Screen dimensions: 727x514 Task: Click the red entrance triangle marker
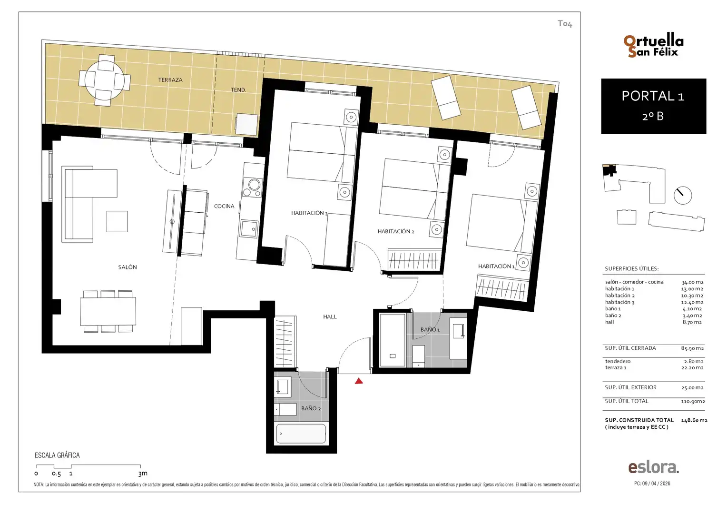pyautogui.click(x=359, y=381)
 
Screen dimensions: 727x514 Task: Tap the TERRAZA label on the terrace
pyautogui.click(x=170, y=80)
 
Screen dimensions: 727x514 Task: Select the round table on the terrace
pyautogui.click(x=104, y=80)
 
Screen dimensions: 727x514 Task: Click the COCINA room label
pyautogui.click(x=224, y=206)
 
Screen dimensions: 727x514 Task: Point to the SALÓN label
pyautogui.click(x=128, y=267)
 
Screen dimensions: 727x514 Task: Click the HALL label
pyautogui.click(x=330, y=316)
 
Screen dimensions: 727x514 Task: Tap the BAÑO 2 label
pyautogui.click(x=311, y=408)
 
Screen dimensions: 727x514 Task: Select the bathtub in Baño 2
pyautogui.click(x=301, y=434)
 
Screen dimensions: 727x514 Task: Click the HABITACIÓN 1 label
pyautogui.click(x=496, y=266)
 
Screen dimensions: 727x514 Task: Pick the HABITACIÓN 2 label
pyautogui.click(x=396, y=231)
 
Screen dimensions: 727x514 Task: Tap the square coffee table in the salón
pyautogui.click(x=117, y=221)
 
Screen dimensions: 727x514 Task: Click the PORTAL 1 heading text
pyautogui.click(x=653, y=96)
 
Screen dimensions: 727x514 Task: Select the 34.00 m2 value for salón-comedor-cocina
pyautogui.click(x=692, y=282)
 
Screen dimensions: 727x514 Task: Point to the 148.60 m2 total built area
pyautogui.click(x=694, y=420)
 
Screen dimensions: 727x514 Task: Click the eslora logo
pyautogui.click(x=654, y=467)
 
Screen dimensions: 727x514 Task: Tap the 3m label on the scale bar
pyautogui.click(x=143, y=474)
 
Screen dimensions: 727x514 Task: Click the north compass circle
pyautogui.click(x=683, y=196)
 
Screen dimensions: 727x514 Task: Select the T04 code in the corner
pyautogui.click(x=565, y=24)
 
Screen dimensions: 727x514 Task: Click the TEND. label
pyautogui.click(x=238, y=90)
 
